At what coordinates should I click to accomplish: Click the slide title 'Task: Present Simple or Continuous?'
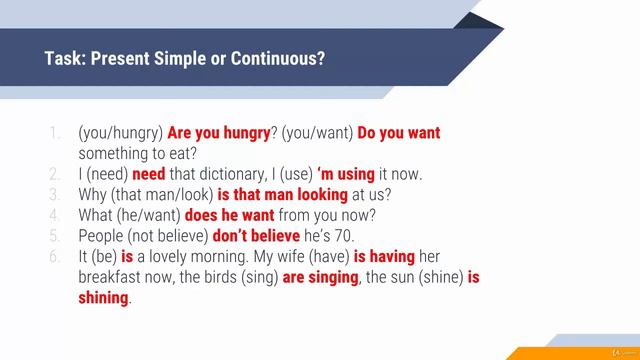tap(186, 58)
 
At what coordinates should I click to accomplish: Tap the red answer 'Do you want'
tap(398, 133)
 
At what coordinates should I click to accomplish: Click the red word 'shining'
tap(103, 298)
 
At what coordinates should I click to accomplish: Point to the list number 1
tap(54, 133)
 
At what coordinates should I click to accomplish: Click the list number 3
tap(54, 195)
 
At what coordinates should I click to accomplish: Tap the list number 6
tap(54, 257)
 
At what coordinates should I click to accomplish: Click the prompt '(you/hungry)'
tap(120, 133)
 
